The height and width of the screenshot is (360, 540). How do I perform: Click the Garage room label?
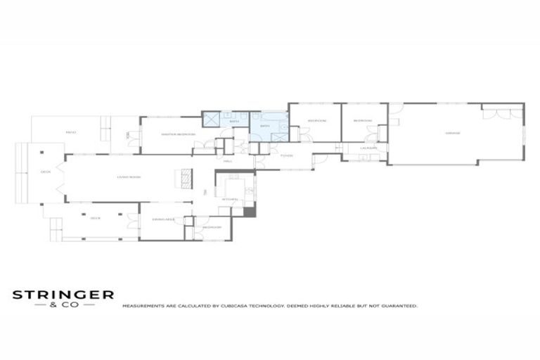[x=453, y=133]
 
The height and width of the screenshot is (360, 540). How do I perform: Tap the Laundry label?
[x=368, y=148]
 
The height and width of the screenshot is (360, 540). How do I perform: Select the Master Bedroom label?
[x=177, y=134]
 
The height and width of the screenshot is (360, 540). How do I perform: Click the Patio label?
[x=70, y=132]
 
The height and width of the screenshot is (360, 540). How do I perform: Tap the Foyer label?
[x=285, y=156]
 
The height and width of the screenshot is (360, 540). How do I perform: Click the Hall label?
[x=228, y=162]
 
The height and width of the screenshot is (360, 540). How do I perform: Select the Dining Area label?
[x=162, y=219]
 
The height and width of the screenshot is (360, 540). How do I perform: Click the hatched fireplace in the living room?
[x=186, y=179]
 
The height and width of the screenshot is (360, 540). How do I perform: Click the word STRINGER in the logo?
[x=63, y=295]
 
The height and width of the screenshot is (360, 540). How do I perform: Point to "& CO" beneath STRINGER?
[x=63, y=305]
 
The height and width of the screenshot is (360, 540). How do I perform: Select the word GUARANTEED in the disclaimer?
[x=398, y=307]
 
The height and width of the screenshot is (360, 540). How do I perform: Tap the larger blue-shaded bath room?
[x=269, y=127]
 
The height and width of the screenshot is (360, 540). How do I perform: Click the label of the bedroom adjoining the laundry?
[x=363, y=121]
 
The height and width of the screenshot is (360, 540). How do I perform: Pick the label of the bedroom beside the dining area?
[x=212, y=227]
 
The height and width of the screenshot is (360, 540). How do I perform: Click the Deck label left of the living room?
[x=46, y=172]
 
